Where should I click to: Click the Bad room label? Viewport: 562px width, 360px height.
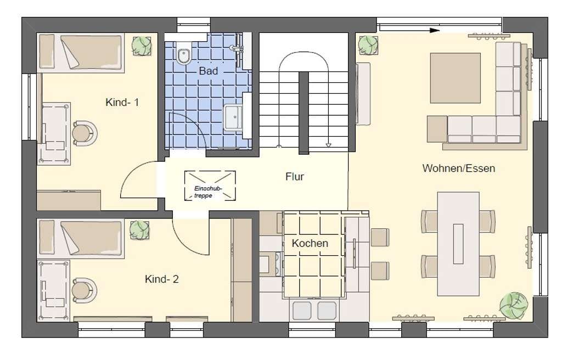[x=208, y=71]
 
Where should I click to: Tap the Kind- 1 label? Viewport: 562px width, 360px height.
[x=122, y=102]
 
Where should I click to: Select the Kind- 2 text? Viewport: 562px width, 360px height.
[x=162, y=279]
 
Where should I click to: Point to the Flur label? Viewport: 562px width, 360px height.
[x=295, y=176]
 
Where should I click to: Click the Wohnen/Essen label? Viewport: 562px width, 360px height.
[x=459, y=168]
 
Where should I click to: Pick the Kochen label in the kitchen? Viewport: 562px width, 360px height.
[x=310, y=243]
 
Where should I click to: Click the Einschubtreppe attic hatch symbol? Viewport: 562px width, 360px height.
[x=210, y=185]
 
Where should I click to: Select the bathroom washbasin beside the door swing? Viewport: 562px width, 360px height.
[x=233, y=117]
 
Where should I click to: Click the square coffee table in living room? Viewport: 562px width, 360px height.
[x=455, y=78]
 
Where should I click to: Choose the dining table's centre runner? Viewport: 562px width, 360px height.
[x=458, y=244]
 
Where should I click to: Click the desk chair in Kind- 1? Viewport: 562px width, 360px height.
[x=85, y=133]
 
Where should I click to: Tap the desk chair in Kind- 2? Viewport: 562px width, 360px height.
[x=85, y=290]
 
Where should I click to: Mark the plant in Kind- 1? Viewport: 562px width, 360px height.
[x=142, y=46]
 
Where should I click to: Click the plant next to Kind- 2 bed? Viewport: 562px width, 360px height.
[x=139, y=230]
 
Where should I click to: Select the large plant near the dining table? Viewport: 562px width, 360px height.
[x=514, y=305]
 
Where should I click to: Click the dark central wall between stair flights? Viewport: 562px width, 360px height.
[x=304, y=113]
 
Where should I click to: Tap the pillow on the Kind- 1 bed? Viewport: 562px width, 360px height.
[x=47, y=51]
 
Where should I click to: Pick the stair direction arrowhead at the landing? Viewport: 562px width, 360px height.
[x=328, y=145]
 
